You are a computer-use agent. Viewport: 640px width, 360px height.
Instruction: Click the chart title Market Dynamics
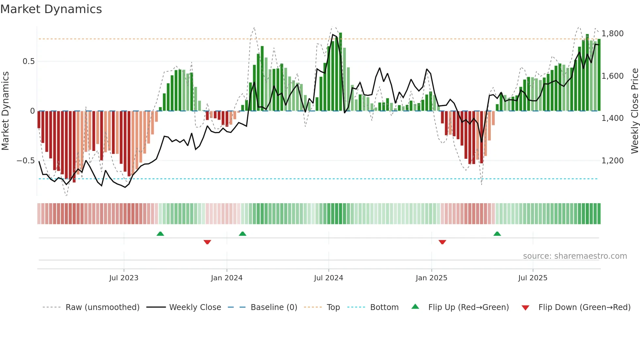click(x=51, y=9)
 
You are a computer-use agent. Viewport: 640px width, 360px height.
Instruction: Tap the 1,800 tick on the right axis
click(x=612, y=34)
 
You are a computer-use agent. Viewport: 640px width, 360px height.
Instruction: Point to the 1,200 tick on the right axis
click(x=612, y=160)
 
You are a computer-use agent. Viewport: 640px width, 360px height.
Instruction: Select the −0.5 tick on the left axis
click(x=25, y=160)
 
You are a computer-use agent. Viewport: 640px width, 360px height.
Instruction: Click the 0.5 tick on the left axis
click(x=28, y=61)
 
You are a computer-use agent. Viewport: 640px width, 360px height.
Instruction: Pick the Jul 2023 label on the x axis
click(x=124, y=278)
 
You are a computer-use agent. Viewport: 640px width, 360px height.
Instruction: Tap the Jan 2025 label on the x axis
click(x=431, y=278)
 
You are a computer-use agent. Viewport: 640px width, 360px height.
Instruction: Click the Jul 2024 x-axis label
click(x=328, y=278)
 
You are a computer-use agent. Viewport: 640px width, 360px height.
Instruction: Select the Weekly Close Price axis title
click(x=634, y=111)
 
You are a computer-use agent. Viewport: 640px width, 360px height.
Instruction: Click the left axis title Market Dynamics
click(x=5, y=111)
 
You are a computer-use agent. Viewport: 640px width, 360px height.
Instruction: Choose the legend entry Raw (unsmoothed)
click(x=102, y=307)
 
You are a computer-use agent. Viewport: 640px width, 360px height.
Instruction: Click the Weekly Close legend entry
click(x=195, y=307)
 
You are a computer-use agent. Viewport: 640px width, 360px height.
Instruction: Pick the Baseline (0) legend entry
click(x=274, y=307)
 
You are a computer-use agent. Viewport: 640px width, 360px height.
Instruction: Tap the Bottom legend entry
click(x=384, y=307)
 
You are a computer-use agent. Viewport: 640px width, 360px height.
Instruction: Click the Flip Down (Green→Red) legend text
click(x=584, y=307)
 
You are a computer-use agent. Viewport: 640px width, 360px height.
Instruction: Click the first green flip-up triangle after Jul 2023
click(x=160, y=234)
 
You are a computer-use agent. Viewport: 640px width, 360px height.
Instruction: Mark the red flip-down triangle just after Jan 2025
click(x=442, y=242)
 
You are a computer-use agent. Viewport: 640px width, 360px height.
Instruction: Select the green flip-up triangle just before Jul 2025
click(x=497, y=234)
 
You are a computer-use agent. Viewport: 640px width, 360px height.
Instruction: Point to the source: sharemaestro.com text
click(x=575, y=256)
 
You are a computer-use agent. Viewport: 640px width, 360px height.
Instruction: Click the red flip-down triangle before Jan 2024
click(x=207, y=242)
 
